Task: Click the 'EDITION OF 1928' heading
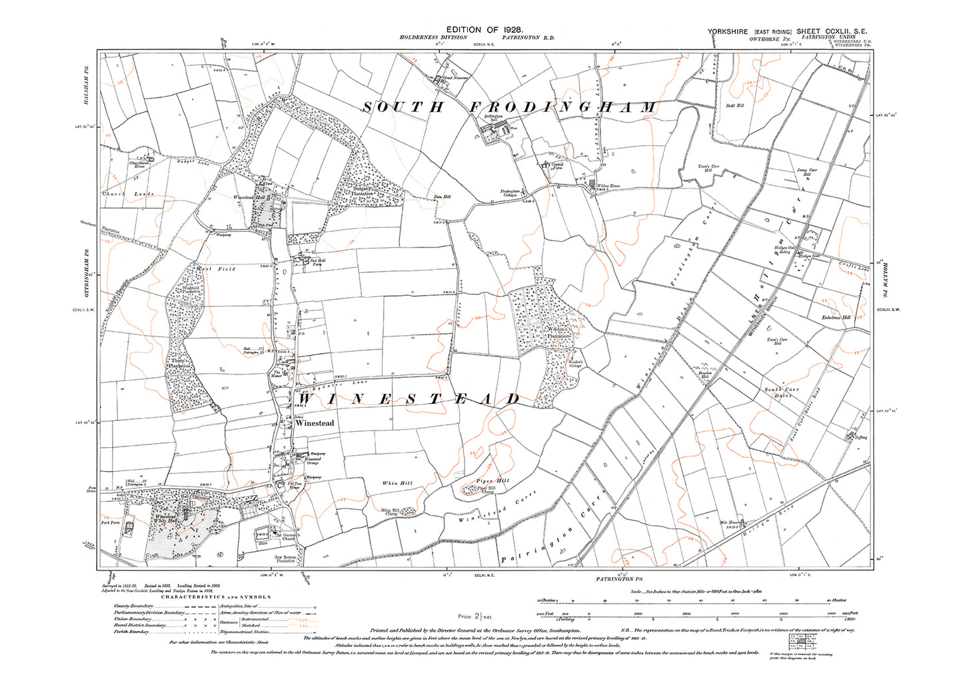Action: (x=484, y=30)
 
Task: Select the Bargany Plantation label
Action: (x=363, y=191)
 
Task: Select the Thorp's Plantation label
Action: (x=179, y=364)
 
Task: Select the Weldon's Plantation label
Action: (x=559, y=333)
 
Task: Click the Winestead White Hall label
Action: (x=165, y=518)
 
